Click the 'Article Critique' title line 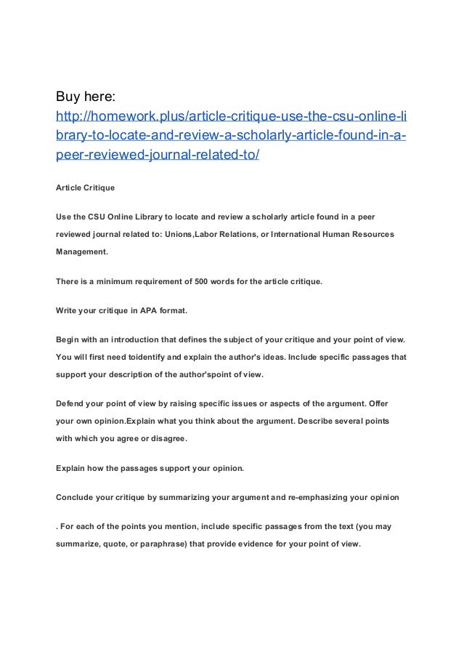(x=84, y=188)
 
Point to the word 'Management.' (x=82, y=251)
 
